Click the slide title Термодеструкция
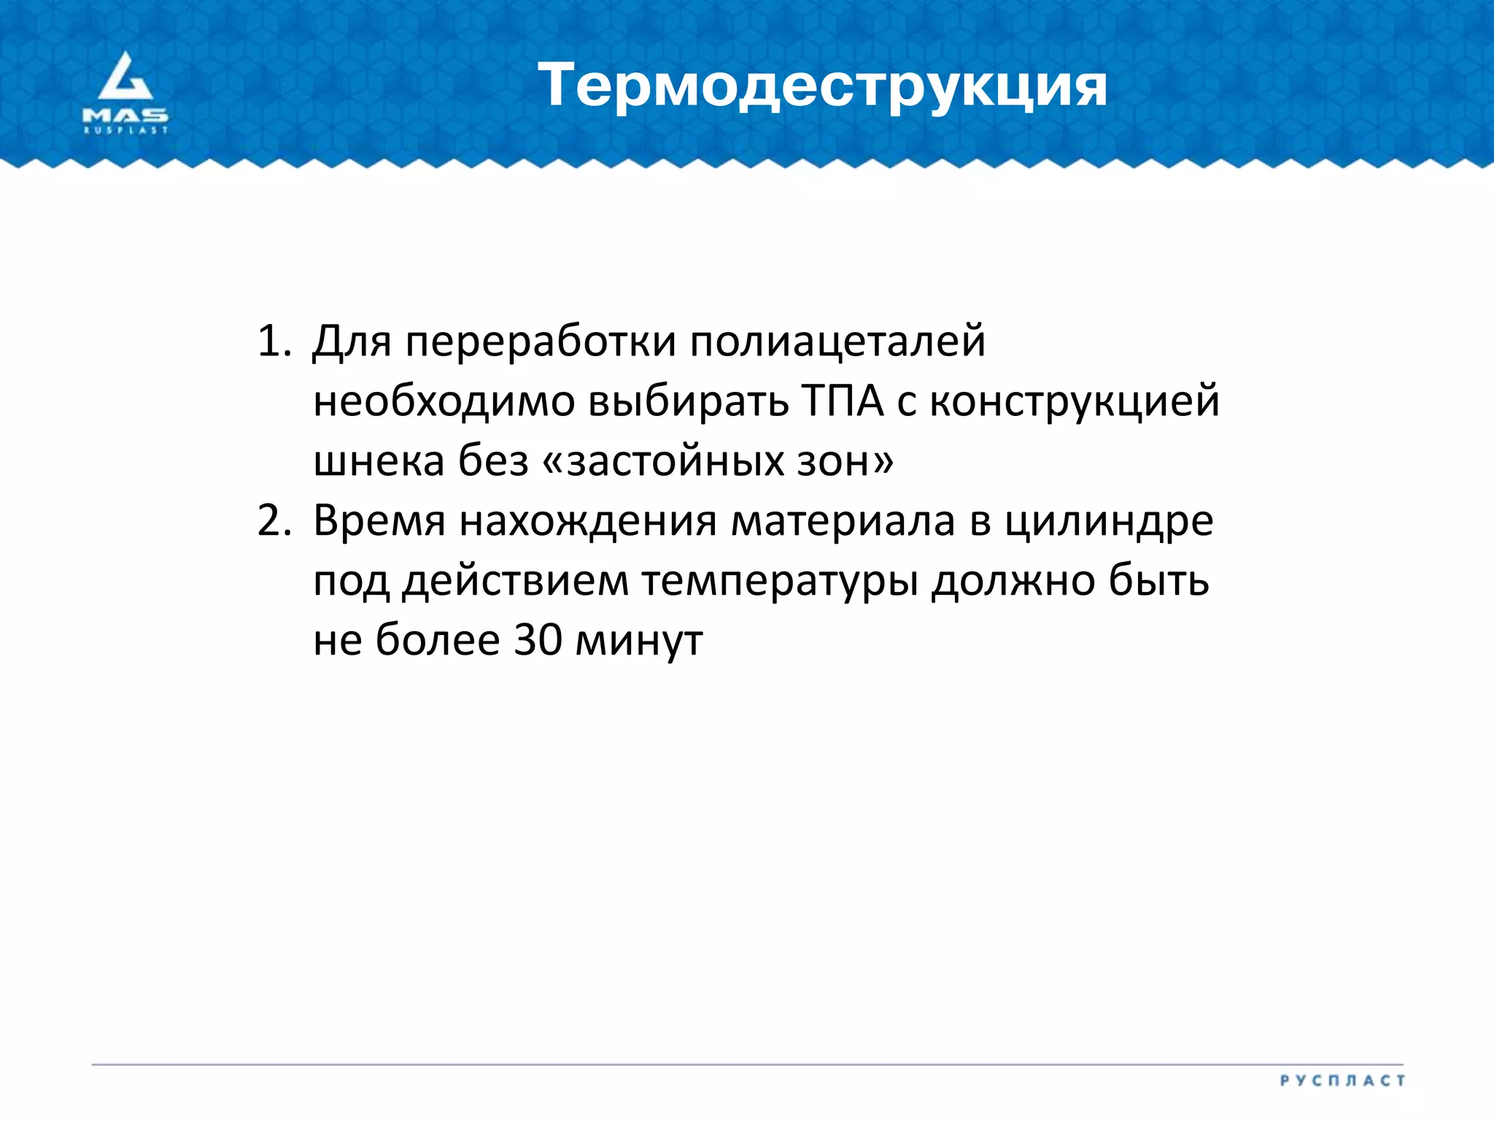tap(822, 86)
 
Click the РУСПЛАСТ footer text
tap(1342, 1081)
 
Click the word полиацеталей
tap(837, 342)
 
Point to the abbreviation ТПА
tap(843, 401)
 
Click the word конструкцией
tap(1075, 401)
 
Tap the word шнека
tap(379, 461)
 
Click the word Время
tap(379, 521)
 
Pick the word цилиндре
tap(1109, 521)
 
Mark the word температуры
tap(780, 582)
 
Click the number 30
tap(538, 641)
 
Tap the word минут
tap(639, 641)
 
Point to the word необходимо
tap(444, 401)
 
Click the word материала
tap(843, 521)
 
